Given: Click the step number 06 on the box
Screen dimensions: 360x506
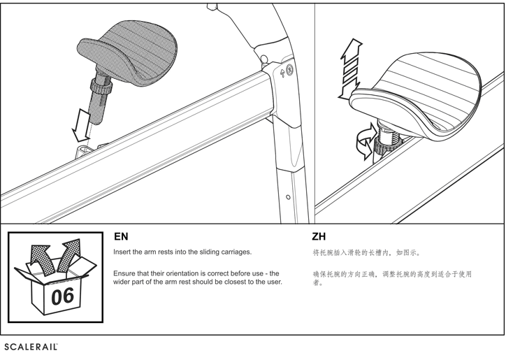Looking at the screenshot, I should pos(62,295).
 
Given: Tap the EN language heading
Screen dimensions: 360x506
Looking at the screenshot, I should pos(121,237).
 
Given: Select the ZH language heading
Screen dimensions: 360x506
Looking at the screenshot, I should pos(319,237).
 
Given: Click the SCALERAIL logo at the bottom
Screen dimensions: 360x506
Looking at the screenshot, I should pos(31,347).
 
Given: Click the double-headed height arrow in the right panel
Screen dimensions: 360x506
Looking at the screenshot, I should pos(351,69).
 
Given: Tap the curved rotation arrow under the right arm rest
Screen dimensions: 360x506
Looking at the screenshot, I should pos(363,143).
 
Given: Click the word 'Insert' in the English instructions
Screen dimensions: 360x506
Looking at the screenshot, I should pos(123,252).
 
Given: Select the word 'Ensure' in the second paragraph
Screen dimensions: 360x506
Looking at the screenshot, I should pos(127,273).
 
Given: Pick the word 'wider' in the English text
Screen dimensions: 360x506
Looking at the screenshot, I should pos(123,282).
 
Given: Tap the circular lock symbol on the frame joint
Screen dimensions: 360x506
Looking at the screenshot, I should pos(289,70).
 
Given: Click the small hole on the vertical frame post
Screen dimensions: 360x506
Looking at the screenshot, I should pos(289,198).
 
